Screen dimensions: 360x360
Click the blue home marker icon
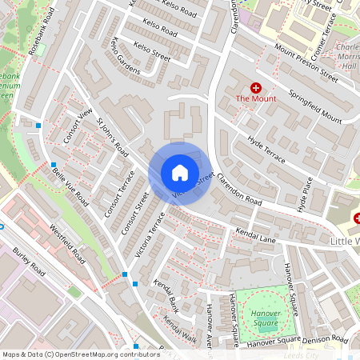pos(179,173)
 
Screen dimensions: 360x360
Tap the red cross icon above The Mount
pos(256,86)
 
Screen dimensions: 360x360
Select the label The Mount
pos(256,99)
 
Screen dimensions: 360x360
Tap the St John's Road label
pos(113,138)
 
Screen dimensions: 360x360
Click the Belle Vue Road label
pos(70,187)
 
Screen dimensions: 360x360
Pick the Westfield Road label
pos(66,243)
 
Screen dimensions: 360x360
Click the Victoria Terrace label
pos(150,240)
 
